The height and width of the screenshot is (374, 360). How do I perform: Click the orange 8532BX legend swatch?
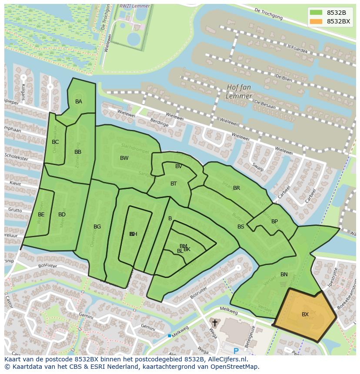tap(316, 21)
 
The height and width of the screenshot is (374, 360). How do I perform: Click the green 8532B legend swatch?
tap(316, 13)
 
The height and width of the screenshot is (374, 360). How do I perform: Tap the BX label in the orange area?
tap(305, 314)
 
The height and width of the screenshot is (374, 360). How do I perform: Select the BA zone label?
tap(79, 102)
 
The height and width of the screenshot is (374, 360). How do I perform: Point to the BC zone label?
tap(55, 142)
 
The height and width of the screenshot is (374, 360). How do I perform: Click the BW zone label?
tap(124, 158)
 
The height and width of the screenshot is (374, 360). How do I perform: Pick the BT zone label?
tap(173, 184)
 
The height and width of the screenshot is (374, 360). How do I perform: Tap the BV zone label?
tap(179, 166)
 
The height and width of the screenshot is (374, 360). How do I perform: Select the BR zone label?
tap(237, 188)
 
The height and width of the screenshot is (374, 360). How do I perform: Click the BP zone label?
tap(274, 222)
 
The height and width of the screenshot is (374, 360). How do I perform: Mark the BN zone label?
tap(284, 275)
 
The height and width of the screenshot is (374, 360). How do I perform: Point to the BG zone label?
tap(97, 227)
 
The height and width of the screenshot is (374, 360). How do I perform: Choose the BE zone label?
tap(41, 215)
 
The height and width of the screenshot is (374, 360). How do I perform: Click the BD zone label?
tap(62, 215)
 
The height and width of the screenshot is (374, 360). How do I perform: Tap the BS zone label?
tap(241, 227)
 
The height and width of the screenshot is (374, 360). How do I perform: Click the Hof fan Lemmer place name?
tap(239, 91)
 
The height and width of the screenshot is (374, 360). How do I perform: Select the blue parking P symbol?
tap(236, 351)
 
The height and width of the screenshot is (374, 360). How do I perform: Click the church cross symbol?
tap(214, 323)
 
